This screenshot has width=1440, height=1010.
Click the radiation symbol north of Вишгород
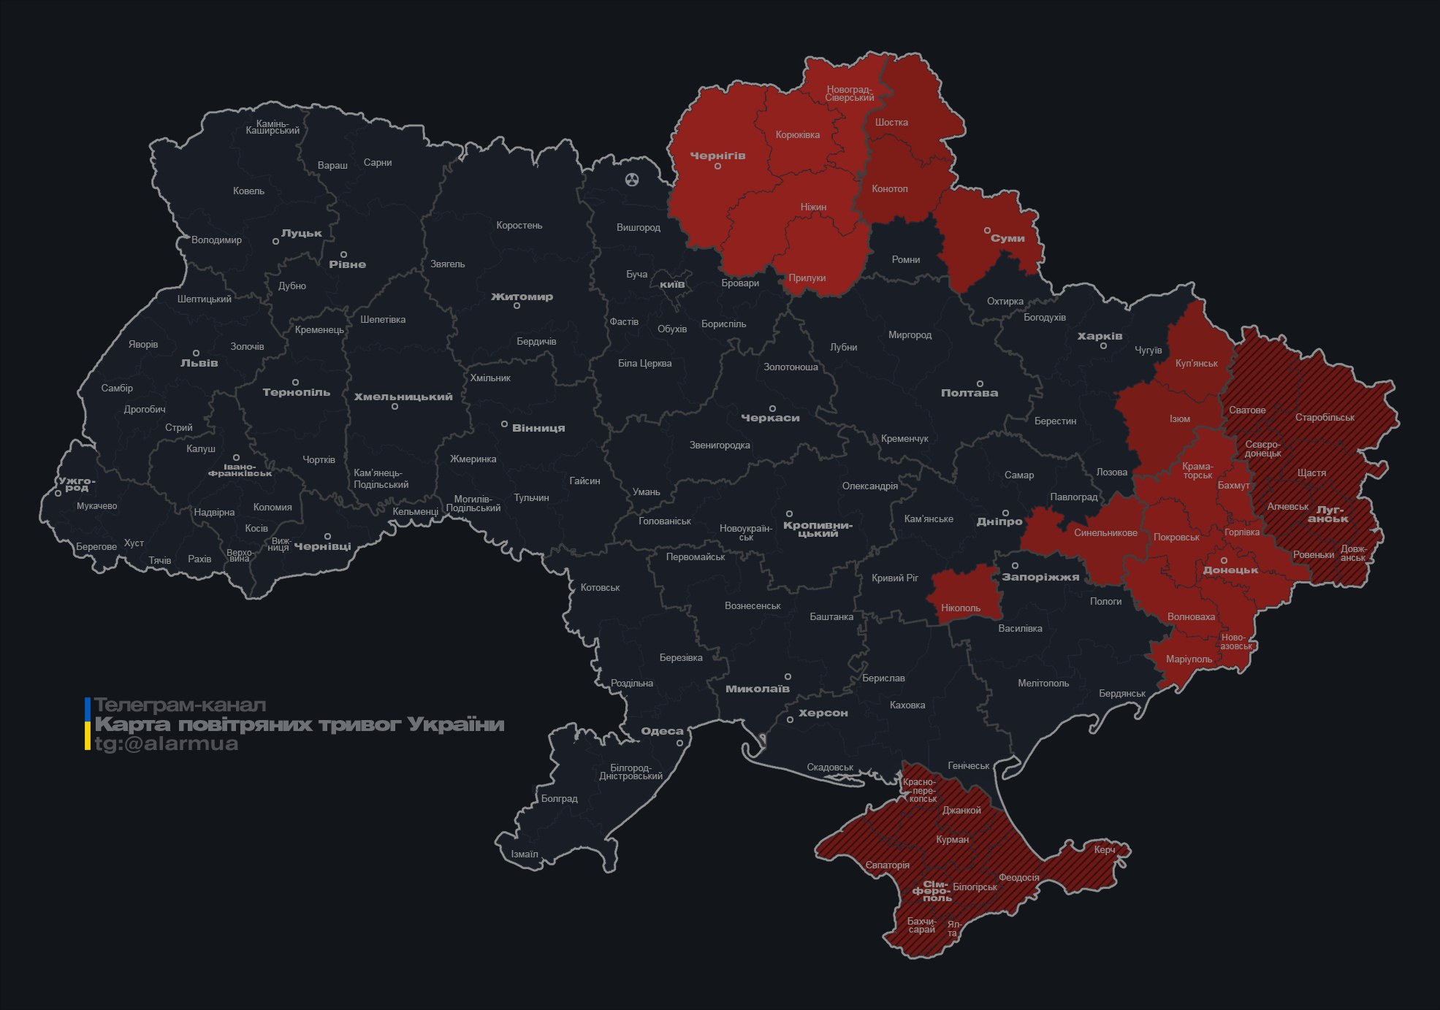coord(632,179)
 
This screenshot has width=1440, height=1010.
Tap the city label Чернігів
coord(717,156)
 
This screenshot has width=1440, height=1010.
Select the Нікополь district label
coord(961,608)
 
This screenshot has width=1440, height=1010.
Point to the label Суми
coord(1007,238)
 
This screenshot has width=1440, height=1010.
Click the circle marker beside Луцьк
coord(275,241)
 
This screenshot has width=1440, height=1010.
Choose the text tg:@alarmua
coord(167,743)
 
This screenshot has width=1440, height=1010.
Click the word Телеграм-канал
coord(180,705)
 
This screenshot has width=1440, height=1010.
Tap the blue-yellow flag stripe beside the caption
coord(88,724)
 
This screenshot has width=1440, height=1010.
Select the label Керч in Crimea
coord(1104,849)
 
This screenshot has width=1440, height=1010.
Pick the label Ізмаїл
coord(524,854)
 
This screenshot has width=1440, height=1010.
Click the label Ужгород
coord(77,484)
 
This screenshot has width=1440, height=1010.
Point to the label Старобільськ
coord(1325,418)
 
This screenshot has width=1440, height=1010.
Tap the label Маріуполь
coord(1189,659)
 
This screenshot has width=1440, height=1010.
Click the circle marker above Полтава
coord(980,383)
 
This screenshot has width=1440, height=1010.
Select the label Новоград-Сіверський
coord(849,93)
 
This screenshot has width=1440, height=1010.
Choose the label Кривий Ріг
coord(894,578)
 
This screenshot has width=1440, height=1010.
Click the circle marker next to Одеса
coord(679,743)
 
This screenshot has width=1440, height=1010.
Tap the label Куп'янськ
coord(1196,363)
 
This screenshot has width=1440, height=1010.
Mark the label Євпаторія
coord(887,865)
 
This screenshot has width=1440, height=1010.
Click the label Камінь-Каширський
coord(272,127)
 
